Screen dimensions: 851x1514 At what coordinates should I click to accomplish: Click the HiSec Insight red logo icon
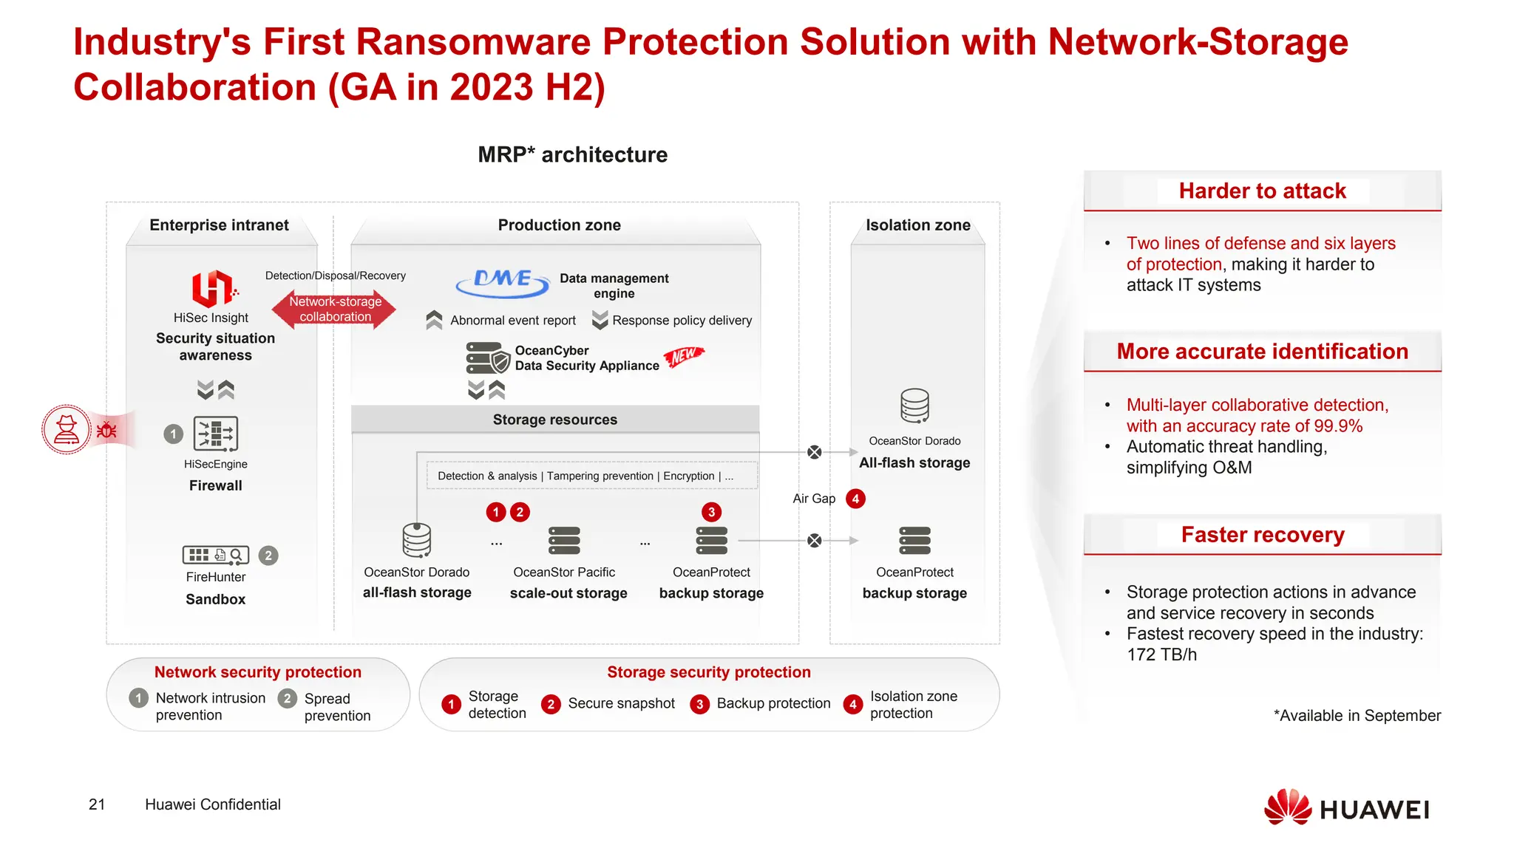(x=213, y=288)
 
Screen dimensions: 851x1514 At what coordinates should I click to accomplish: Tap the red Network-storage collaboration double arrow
(x=334, y=310)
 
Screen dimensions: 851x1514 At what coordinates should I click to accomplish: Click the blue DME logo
(x=503, y=282)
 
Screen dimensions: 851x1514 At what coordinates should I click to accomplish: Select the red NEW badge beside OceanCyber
(x=684, y=356)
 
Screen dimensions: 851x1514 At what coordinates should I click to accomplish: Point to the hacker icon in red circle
(x=67, y=429)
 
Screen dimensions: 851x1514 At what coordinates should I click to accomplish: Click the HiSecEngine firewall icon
(x=215, y=434)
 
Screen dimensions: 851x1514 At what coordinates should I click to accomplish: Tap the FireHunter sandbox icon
(x=215, y=555)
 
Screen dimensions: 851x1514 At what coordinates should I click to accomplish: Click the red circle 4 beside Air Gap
(x=855, y=499)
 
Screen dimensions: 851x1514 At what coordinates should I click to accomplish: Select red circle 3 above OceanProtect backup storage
(x=711, y=512)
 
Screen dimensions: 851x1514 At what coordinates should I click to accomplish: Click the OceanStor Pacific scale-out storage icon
(x=564, y=541)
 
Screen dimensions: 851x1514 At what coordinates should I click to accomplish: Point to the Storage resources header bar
(x=555, y=420)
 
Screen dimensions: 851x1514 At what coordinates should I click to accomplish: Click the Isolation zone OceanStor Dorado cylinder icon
(x=914, y=406)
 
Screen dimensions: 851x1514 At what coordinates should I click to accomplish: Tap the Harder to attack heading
(x=1262, y=191)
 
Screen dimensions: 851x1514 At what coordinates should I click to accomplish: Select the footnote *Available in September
(x=1357, y=716)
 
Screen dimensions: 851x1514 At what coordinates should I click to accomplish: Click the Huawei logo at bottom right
(x=1347, y=808)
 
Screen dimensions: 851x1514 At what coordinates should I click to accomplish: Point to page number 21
(x=97, y=804)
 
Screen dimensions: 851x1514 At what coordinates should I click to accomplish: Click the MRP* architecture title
(x=572, y=155)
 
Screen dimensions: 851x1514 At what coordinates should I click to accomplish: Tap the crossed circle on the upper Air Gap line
(x=814, y=452)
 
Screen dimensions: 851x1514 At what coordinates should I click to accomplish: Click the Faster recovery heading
(x=1262, y=535)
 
